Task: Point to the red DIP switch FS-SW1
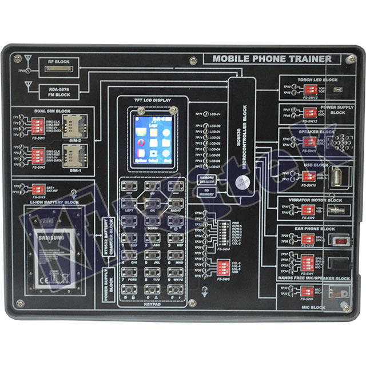coord(39,125)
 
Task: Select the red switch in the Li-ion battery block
coord(39,188)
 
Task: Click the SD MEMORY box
coord(206,194)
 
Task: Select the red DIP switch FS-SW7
coord(308,262)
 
